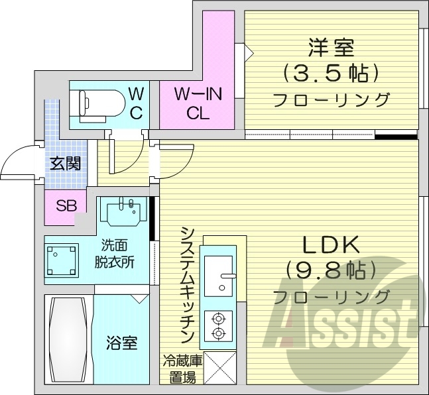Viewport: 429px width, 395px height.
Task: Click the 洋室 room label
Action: click(x=330, y=48)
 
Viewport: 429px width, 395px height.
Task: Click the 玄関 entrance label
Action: click(x=66, y=162)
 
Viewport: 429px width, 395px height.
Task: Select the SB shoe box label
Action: click(x=65, y=205)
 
